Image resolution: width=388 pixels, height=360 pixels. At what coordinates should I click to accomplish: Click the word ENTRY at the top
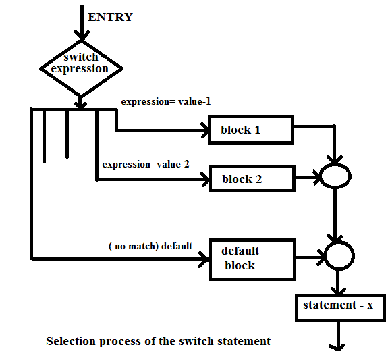point(111,17)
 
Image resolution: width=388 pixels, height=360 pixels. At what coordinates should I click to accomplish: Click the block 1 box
point(250,130)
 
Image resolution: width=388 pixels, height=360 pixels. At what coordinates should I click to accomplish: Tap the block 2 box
point(251,179)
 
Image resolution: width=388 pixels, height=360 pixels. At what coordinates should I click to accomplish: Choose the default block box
point(252,258)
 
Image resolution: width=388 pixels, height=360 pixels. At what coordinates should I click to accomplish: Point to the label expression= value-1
point(165,101)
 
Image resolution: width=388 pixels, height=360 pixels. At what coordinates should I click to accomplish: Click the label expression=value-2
point(145,164)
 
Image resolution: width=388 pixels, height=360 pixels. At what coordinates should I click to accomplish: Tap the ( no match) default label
point(150,246)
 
